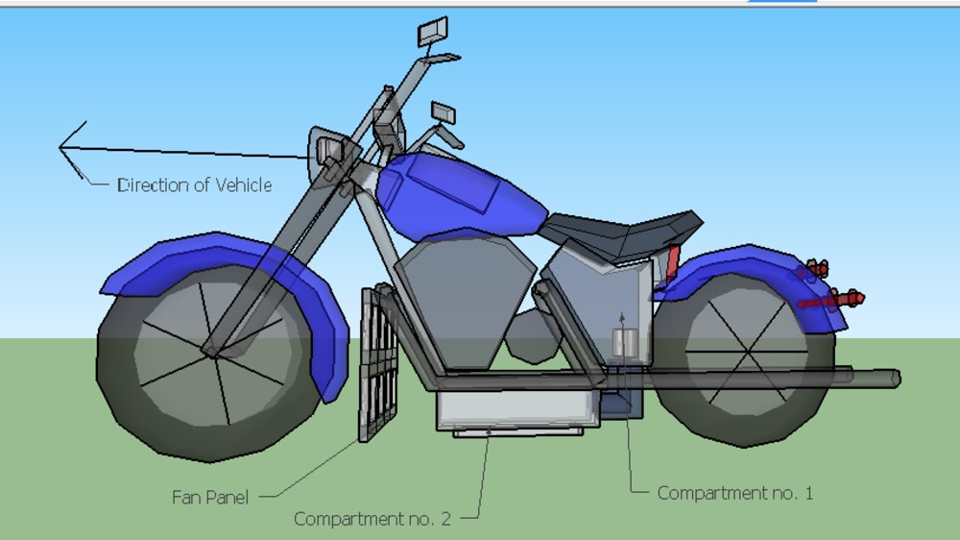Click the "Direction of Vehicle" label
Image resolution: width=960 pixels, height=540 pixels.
coord(194,184)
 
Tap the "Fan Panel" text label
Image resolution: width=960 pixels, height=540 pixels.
coord(210,498)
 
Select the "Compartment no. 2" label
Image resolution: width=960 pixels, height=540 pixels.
coord(372,520)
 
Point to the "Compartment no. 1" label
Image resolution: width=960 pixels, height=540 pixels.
coord(734,493)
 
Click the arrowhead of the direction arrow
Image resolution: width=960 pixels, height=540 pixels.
coord(63,148)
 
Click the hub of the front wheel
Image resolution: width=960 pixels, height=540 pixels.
coord(208,349)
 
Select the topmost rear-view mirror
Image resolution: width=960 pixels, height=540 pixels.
coord(432,32)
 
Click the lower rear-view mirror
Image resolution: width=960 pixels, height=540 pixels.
coord(443,111)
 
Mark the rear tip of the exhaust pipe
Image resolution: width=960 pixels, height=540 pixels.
coord(896,378)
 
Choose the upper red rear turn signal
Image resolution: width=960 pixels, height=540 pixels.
coord(817,267)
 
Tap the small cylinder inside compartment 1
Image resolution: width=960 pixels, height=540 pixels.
coord(624,342)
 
